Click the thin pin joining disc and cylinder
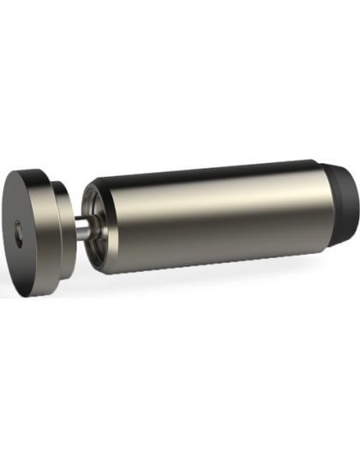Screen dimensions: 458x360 [x=82, y=227]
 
